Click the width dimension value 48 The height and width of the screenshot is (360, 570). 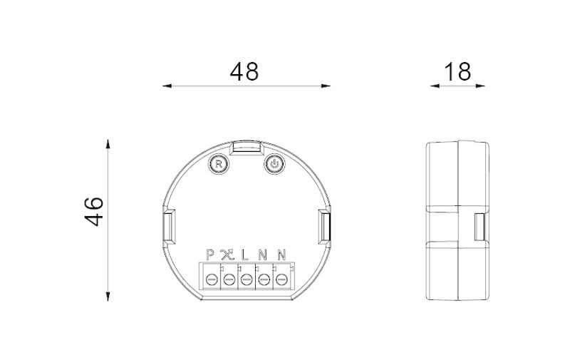[244, 71]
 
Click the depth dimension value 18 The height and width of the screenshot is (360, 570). [457, 71]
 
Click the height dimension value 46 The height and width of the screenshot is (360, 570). [94, 211]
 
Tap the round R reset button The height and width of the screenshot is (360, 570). [219, 164]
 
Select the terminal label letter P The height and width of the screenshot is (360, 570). [210, 255]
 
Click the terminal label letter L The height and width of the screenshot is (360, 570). [245, 255]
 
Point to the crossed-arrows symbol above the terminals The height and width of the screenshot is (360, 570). [227, 255]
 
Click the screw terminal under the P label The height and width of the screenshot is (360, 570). [212, 280]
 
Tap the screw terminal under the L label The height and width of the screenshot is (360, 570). [247, 280]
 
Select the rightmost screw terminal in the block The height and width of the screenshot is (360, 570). [281, 280]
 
